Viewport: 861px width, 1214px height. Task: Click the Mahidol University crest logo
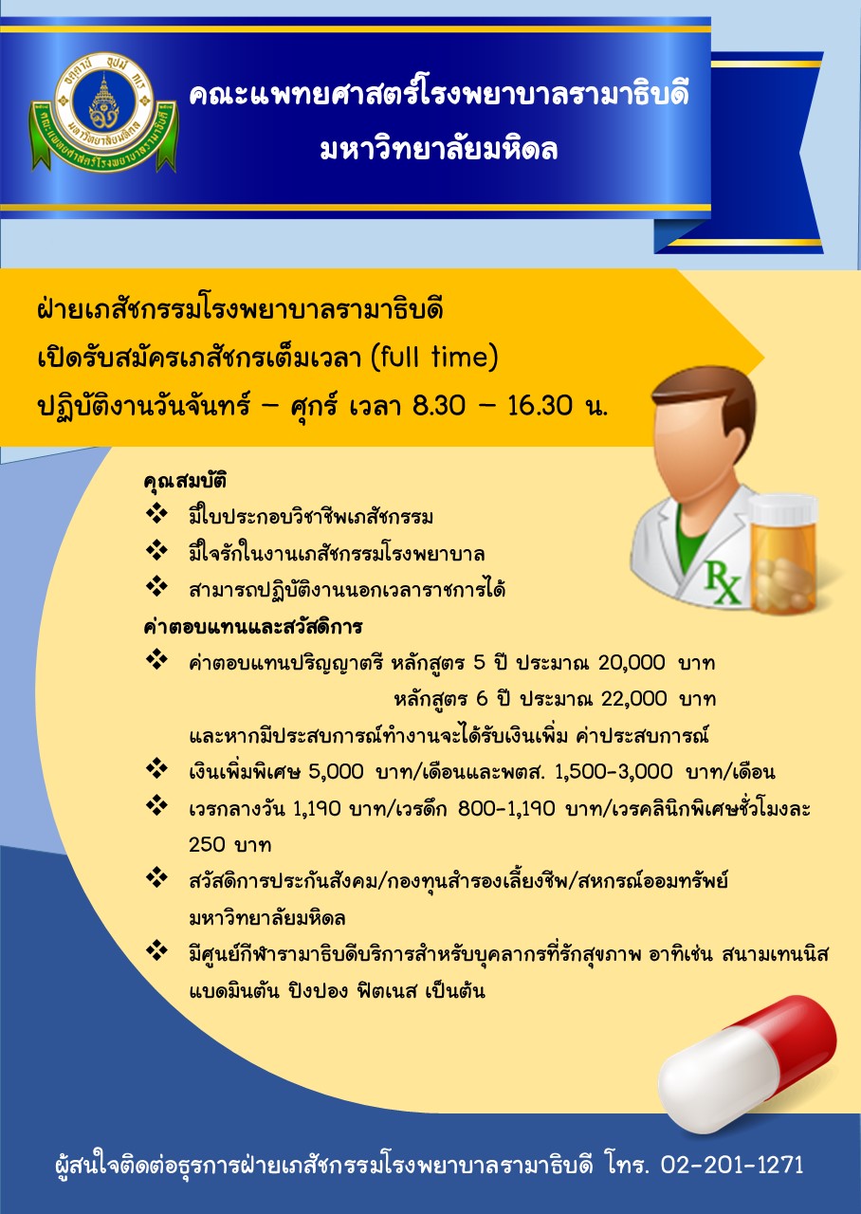tap(103, 112)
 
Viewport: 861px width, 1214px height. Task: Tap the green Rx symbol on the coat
tap(723, 582)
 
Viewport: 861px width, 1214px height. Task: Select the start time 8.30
tap(439, 404)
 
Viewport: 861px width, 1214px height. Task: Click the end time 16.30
tap(540, 404)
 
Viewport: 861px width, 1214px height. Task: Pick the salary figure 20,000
tap(632, 662)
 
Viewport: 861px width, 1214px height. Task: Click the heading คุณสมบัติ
tap(185, 481)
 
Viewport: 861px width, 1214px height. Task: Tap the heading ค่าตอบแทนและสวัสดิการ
tap(253, 627)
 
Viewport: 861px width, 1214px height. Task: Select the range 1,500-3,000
tap(614, 771)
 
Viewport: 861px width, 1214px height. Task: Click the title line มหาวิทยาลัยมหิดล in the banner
tap(439, 150)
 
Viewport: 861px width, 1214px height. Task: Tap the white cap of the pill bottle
tap(784, 511)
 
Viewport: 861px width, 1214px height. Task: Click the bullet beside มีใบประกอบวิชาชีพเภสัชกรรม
tap(156, 514)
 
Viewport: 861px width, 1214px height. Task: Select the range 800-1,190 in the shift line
tap(506, 809)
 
